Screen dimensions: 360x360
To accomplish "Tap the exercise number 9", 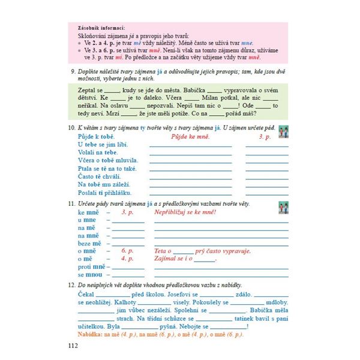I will [72, 71].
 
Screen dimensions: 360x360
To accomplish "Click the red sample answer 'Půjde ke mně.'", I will [190, 137].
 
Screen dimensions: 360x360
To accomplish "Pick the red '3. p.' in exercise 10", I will [265, 137].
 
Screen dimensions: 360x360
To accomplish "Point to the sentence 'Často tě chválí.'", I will [99, 177].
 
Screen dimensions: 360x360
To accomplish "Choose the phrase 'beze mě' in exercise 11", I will [89, 243].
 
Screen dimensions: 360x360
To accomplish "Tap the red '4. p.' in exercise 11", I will [127, 259].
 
